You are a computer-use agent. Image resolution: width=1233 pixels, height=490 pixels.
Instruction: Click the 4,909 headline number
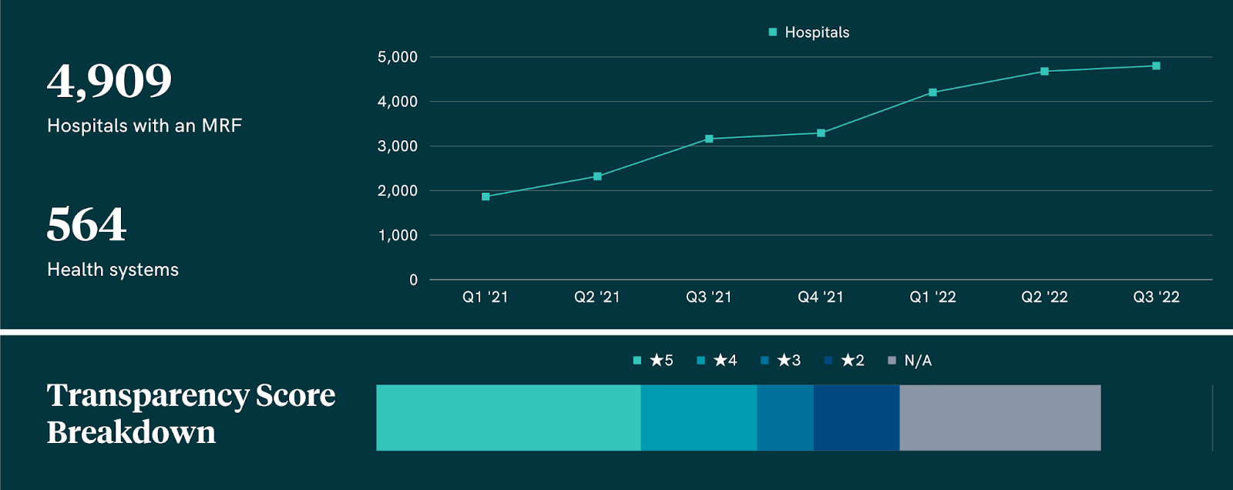tap(109, 81)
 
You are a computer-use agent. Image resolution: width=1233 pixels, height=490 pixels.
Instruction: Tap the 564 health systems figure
tap(86, 224)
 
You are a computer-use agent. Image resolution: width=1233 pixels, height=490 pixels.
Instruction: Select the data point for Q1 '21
tap(485, 196)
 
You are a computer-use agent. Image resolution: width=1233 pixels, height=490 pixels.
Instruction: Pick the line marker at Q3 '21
tap(709, 139)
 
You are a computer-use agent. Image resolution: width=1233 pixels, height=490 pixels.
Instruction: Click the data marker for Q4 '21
tap(821, 133)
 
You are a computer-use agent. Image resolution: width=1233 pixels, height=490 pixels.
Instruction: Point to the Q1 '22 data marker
tap(932, 92)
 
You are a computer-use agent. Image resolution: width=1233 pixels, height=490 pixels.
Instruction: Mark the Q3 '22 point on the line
tap(1156, 66)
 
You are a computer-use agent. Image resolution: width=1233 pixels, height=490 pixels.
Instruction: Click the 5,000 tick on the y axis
tap(398, 57)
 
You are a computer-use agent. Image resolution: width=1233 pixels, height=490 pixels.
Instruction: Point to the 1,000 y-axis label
tap(398, 235)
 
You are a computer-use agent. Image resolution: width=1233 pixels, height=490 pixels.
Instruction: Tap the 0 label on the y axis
tap(414, 280)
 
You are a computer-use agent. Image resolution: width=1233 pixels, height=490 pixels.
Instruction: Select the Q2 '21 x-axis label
tap(597, 297)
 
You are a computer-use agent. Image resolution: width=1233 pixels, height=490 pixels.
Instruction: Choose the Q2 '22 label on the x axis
tap(1044, 297)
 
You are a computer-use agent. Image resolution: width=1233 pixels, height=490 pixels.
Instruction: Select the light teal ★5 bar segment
tap(509, 418)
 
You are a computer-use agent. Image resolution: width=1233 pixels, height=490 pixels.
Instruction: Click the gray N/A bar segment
tap(1000, 418)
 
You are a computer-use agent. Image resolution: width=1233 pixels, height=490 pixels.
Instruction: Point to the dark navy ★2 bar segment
tap(856, 418)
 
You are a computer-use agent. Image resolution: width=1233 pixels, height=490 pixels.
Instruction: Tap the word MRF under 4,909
tap(222, 126)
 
